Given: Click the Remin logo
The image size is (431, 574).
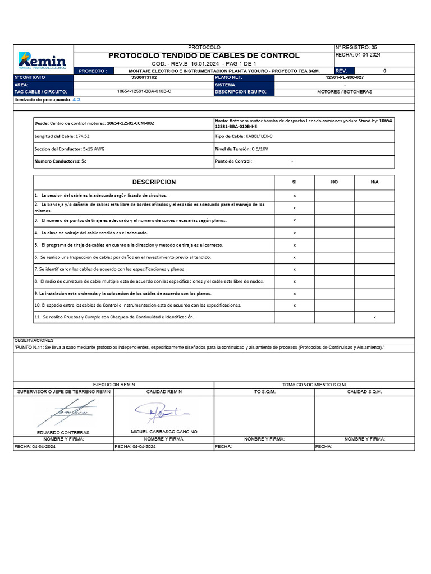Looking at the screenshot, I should click(43, 59).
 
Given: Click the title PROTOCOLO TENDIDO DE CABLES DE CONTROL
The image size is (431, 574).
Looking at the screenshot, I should click(204, 55).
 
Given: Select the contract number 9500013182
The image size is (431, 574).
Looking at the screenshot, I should click(144, 78).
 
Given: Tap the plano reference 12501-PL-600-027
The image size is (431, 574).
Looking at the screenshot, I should click(344, 78).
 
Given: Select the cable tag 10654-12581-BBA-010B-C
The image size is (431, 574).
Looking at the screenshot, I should click(144, 91).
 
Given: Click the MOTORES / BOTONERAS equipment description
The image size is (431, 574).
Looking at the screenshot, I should click(344, 91).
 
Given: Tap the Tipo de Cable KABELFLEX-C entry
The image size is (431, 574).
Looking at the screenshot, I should click(259, 136).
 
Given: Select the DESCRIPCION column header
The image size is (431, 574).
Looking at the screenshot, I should click(154, 182).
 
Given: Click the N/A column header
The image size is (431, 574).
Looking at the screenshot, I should click(374, 182).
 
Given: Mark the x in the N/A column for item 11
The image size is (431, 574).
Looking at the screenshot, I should click(375, 318).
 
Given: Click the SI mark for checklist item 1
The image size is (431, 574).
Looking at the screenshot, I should click(295, 196).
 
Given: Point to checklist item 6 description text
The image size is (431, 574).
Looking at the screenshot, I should click(122, 257).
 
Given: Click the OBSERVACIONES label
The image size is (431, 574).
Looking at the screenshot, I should click(34, 340).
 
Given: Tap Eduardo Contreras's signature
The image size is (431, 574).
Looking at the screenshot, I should click(62, 413).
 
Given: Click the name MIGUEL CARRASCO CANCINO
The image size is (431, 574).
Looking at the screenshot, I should click(164, 432).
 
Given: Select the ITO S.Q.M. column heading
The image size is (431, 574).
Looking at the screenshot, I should click(264, 392).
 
